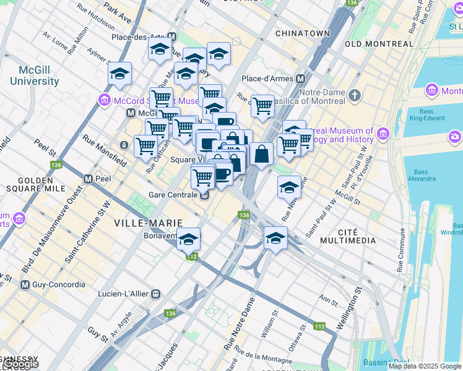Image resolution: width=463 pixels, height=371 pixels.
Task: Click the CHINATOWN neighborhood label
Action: point(302,33)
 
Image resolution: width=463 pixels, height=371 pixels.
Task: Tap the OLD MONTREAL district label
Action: point(379,44)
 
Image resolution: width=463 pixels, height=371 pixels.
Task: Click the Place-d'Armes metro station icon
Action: point(301,79)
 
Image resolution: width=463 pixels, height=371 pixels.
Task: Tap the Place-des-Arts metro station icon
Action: point(171,37)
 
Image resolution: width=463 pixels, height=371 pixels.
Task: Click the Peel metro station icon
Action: point(89,179)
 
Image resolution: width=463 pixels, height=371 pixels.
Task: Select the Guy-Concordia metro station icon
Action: point(25,285)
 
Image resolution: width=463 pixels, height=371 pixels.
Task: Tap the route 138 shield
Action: point(57,165)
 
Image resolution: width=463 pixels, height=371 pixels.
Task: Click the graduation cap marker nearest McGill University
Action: point(119,75)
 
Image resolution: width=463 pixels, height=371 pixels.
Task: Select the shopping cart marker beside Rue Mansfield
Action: point(145,146)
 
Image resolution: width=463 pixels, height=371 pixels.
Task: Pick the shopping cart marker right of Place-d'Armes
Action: point(262,106)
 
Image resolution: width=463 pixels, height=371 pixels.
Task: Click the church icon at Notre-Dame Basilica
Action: point(354,95)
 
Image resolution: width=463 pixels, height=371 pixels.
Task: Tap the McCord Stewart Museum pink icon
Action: point(103,100)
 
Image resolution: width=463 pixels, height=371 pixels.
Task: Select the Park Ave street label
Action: point(118,13)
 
